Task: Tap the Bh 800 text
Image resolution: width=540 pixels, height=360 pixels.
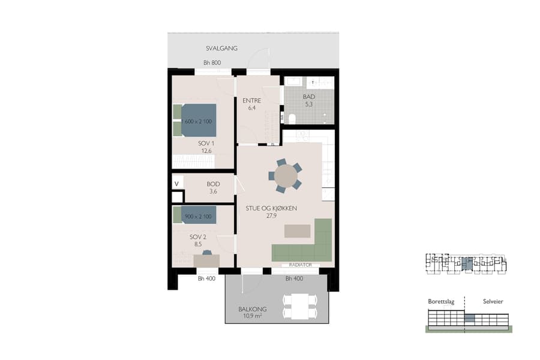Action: click(x=212, y=63)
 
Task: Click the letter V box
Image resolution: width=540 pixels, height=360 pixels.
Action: click(x=177, y=184)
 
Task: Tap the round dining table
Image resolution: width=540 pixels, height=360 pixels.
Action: click(x=285, y=176)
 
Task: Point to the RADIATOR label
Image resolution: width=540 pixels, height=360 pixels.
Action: click(x=300, y=265)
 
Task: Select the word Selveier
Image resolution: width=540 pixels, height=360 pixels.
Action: click(x=486, y=301)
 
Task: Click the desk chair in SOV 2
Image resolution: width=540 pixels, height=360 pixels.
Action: click(x=207, y=253)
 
